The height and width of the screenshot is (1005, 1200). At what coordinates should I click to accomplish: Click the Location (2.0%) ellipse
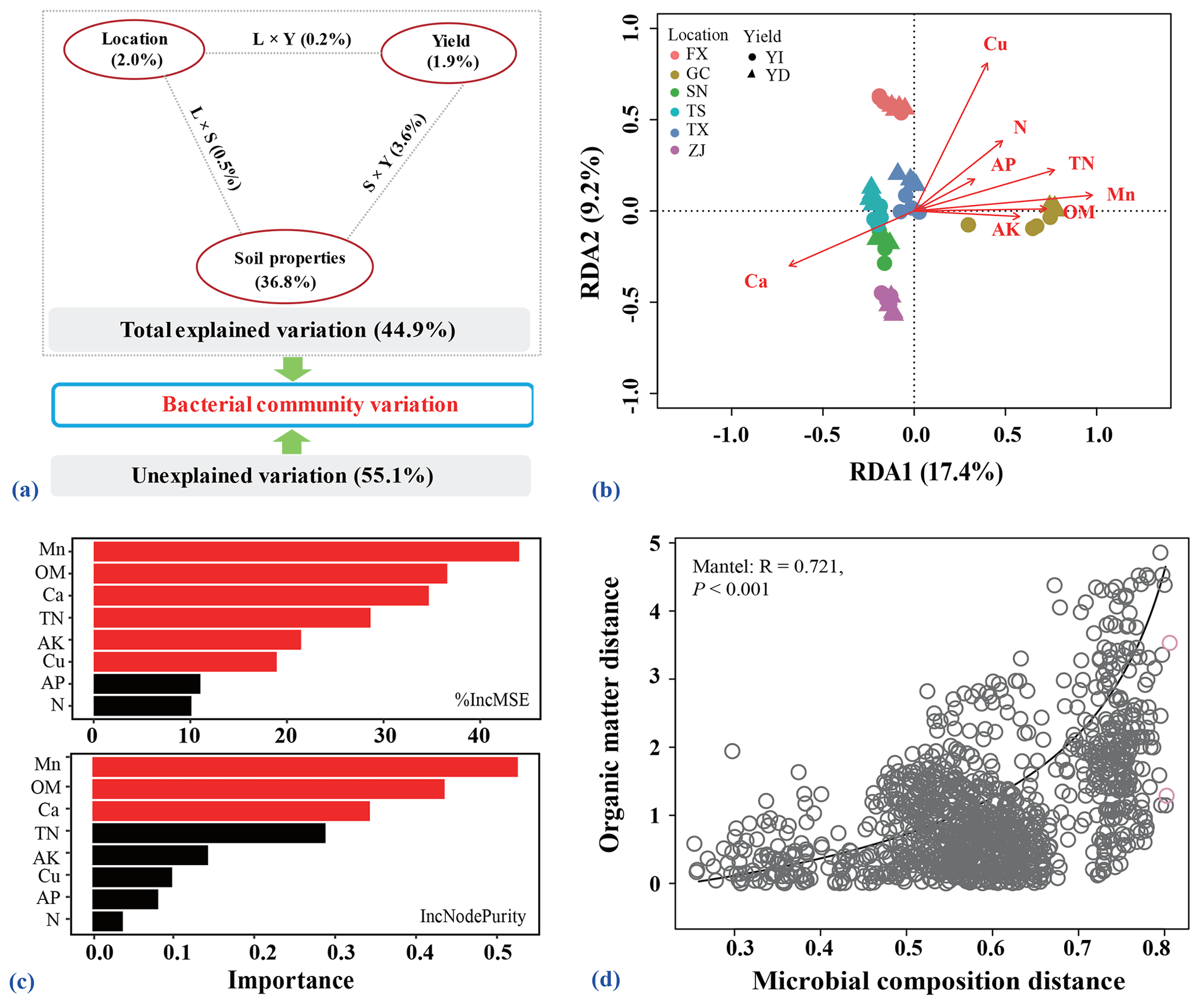[134, 49]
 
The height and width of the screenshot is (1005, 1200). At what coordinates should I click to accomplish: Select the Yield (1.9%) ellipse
[449, 52]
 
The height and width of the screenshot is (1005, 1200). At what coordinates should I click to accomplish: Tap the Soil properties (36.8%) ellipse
[284, 269]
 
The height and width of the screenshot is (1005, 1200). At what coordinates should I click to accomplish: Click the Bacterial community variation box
[293, 404]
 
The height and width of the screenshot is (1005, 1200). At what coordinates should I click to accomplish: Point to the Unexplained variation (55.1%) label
[283, 476]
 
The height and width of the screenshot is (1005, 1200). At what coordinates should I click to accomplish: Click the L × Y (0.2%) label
[302, 39]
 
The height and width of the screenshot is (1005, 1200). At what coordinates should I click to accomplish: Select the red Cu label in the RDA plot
[995, 45]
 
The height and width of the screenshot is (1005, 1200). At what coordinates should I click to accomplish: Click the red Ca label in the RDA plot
[756, 282]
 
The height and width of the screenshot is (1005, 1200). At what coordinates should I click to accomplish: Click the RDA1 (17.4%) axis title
[926, 472]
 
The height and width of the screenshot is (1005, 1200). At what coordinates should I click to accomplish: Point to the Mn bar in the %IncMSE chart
[306, 551]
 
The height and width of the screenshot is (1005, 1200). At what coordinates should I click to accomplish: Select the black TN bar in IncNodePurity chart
[209, 833]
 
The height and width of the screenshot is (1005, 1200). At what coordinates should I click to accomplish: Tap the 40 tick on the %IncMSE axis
[479, 736]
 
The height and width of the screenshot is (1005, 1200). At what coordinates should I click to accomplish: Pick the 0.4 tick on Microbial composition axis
[819, 948]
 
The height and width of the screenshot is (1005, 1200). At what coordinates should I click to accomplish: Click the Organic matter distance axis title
[609, 714]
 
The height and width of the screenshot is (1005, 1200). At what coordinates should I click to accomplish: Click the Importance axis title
[291, 980]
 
